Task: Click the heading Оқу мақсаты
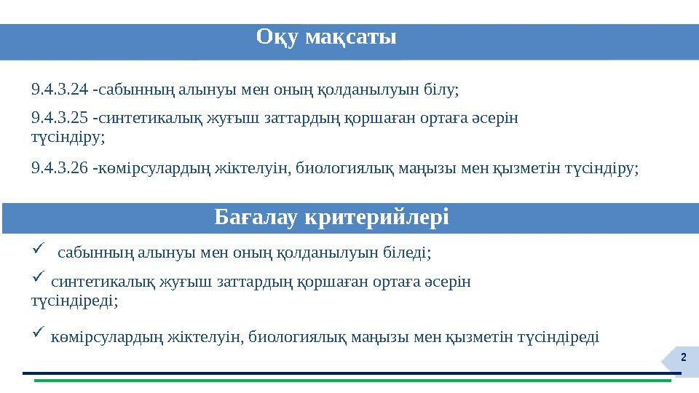pyautogui.click(x=326, y=37)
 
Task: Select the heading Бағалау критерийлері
pyautogui.click(x=332, y=217)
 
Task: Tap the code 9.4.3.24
pyautogui.click(x=60, y=90)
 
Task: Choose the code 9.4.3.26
pyautogui.click(x=60, y=168)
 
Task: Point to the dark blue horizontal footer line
pyautogui.click(x=349, y=373)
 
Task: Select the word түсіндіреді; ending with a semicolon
pyautogui.click(x=75, y=299)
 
